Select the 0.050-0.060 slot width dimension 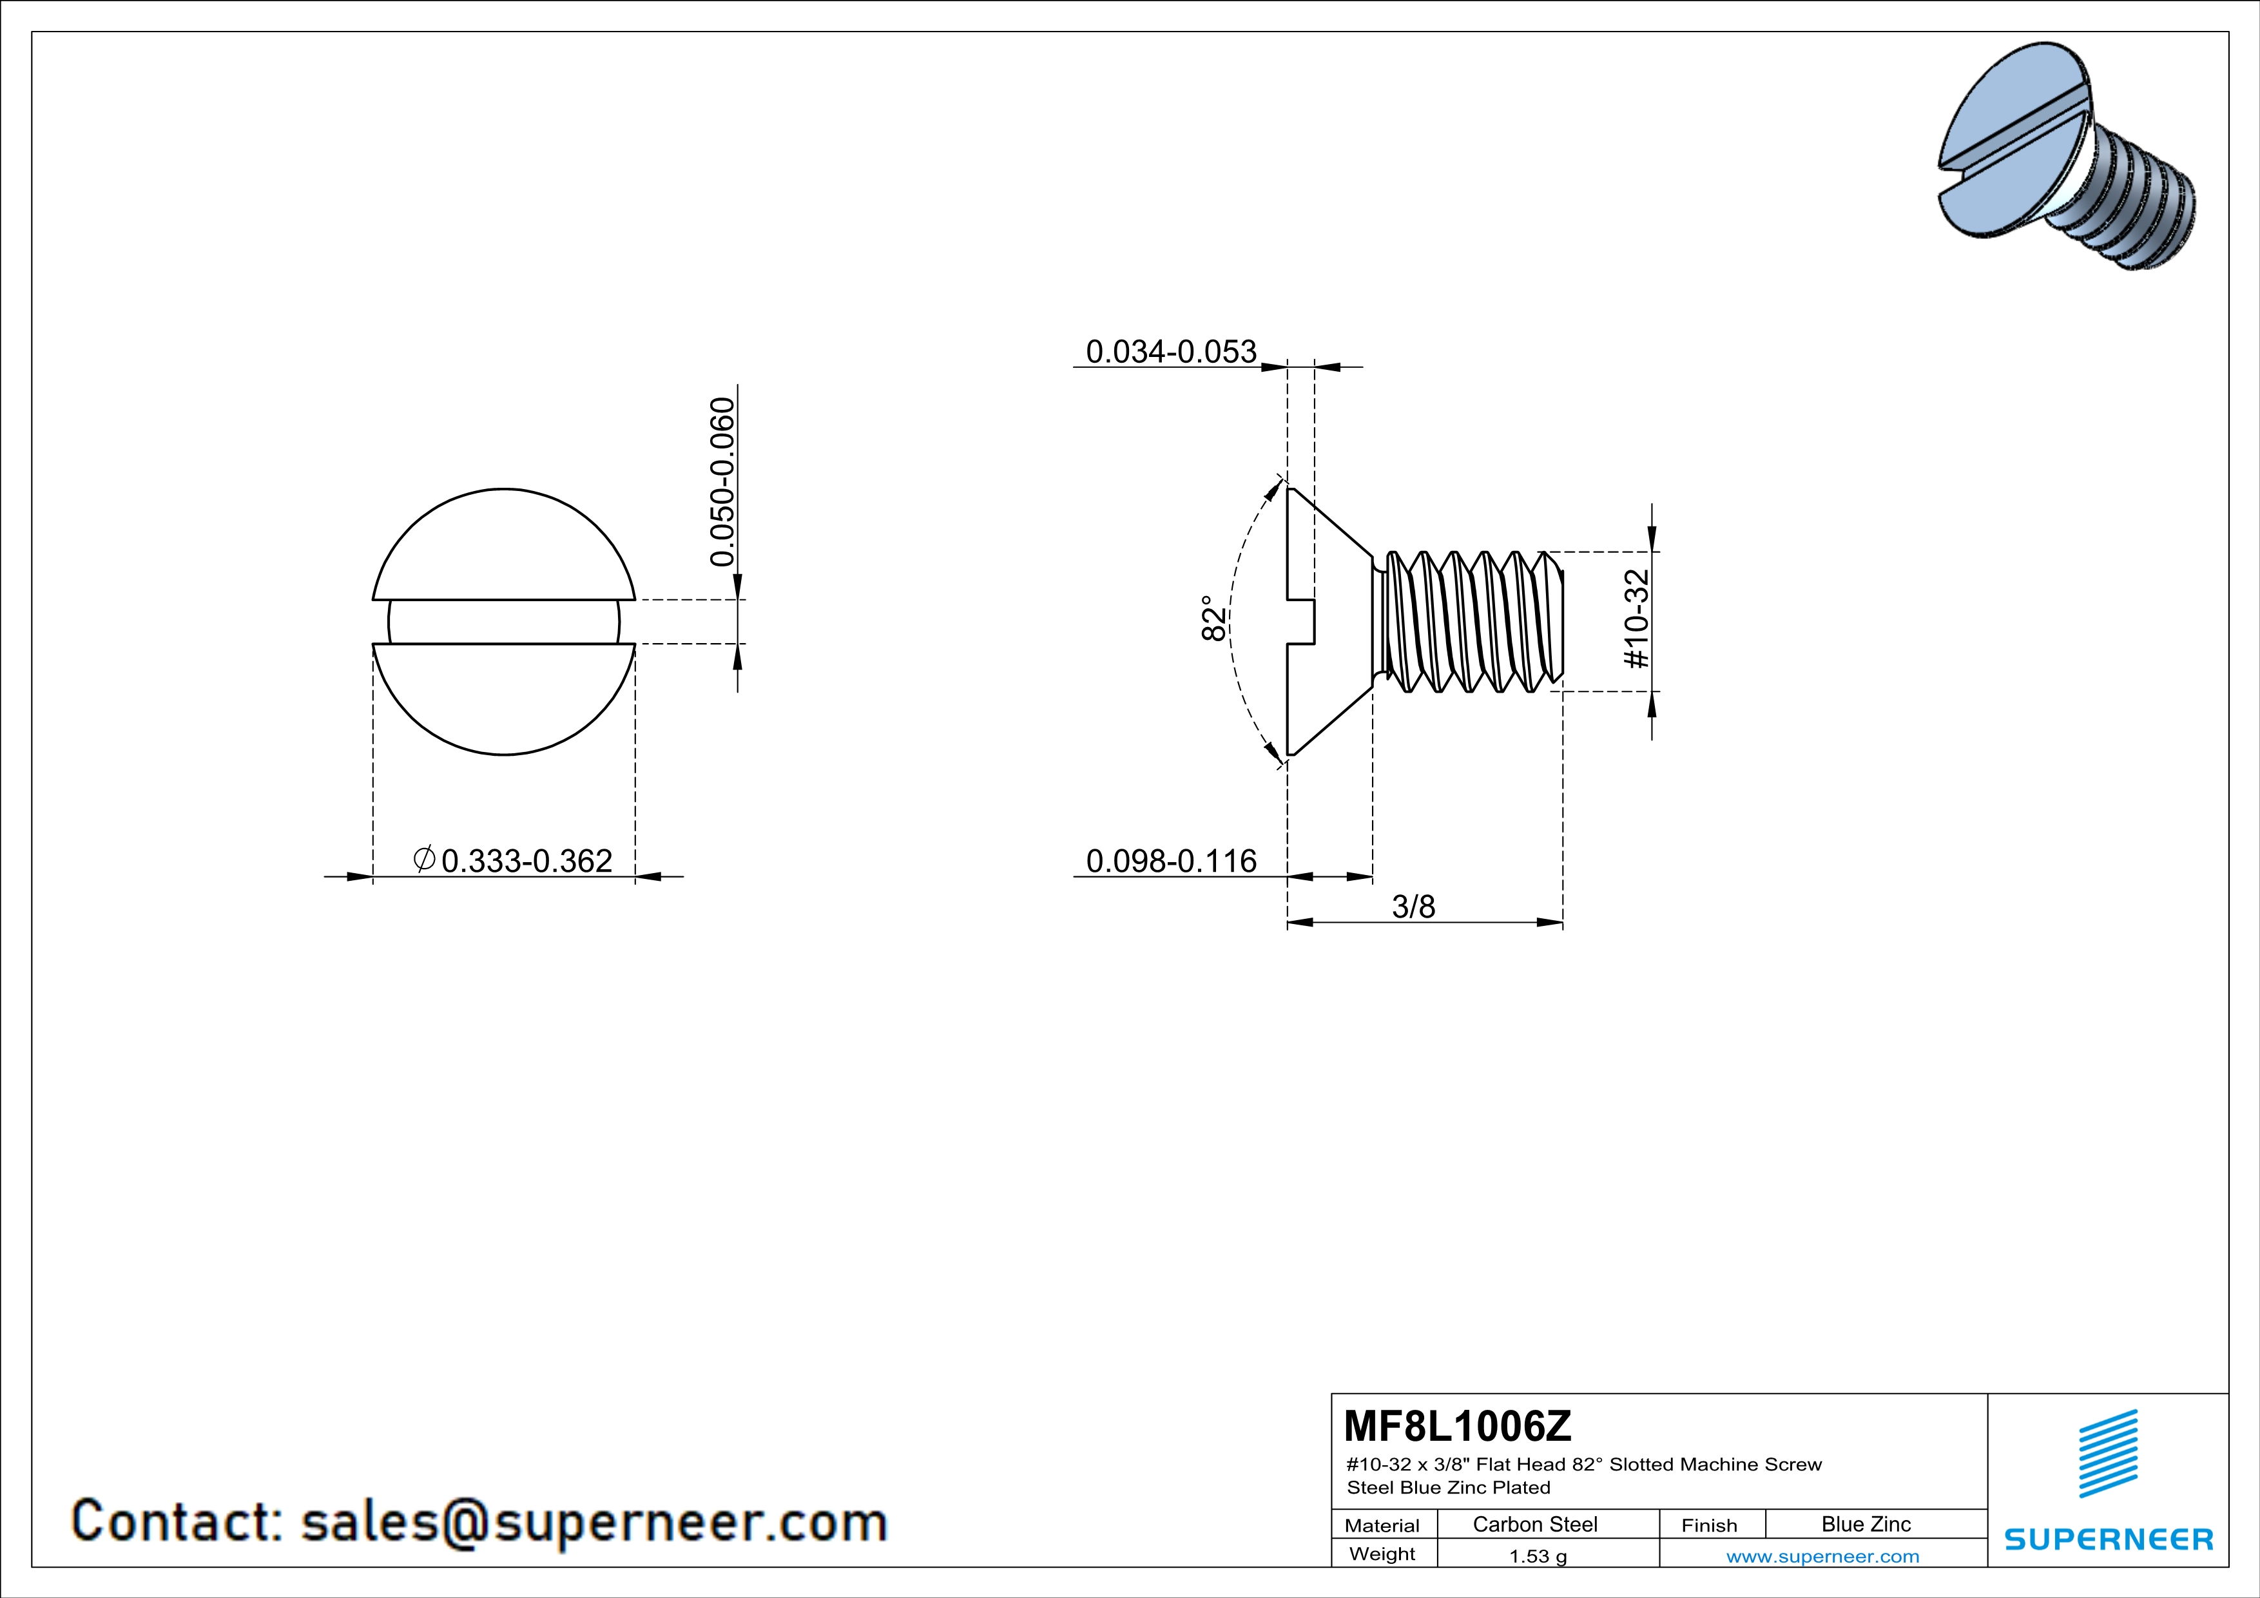(722, 481)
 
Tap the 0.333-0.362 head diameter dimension (526, 861)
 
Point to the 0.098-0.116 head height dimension (1170, 861)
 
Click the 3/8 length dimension (1413, 906)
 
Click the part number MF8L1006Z (1458, 1425)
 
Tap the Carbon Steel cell (1534, 1524)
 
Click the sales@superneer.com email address (594, 1521)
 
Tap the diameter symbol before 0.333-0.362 (424, 859)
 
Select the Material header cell (1382, 1525)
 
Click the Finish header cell (1709, 1525)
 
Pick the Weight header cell (1382, 1554)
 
